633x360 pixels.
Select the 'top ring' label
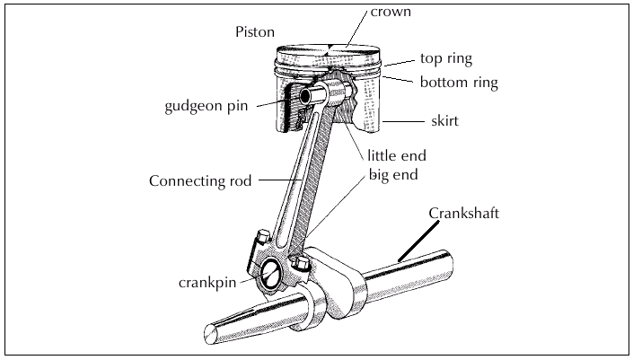coord(446,58)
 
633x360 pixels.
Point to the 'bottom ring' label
coord(459,83)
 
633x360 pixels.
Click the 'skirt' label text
coord(444,119)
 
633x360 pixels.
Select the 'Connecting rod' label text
coord(199,180)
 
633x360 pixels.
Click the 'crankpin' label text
coord(207,280)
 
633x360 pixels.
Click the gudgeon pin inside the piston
coord(311,95)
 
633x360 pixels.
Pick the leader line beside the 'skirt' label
coord(403,120)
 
